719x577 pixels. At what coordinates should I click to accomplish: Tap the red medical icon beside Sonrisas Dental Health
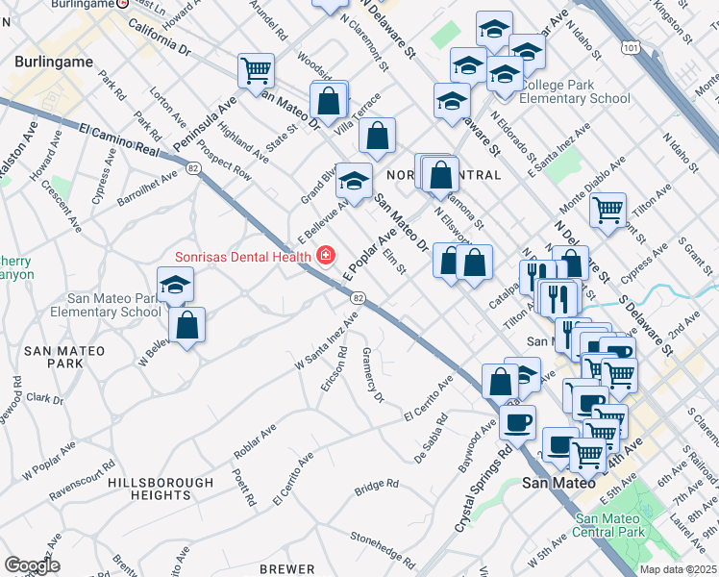326,255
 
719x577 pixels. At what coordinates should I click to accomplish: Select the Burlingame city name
54,62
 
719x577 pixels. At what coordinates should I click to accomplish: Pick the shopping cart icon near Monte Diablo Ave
607,209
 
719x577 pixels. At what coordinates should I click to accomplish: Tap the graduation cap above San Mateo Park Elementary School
176,284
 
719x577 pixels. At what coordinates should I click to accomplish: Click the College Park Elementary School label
574,91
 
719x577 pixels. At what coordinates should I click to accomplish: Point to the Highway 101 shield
630,45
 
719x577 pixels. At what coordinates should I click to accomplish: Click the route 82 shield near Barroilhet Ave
194,168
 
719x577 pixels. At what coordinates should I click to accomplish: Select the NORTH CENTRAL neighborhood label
442,176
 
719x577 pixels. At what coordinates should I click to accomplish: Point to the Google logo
32,564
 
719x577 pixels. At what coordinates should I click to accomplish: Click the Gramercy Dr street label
372,376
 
